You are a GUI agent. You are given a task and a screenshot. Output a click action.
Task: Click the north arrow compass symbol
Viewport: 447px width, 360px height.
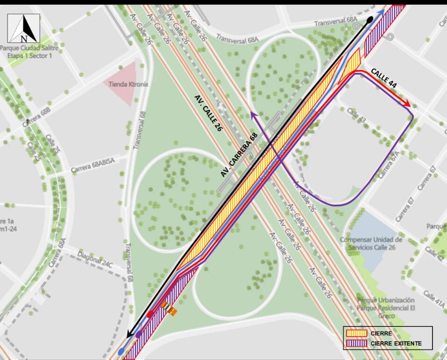[x=23, y=28]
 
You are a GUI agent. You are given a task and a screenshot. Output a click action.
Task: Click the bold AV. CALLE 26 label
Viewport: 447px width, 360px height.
[x=207, y=113]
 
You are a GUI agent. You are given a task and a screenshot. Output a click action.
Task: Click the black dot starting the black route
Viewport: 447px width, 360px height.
[x=370, y=20]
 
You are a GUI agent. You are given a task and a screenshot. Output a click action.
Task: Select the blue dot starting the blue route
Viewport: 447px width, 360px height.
[x=122, y=351]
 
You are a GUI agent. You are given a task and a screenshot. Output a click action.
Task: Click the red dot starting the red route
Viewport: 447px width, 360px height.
[x=150, y=315]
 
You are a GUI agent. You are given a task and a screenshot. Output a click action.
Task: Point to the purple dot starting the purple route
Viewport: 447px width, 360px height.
[x=139, y=334]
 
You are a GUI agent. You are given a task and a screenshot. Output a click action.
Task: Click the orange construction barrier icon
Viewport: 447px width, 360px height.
[x=170, y=309]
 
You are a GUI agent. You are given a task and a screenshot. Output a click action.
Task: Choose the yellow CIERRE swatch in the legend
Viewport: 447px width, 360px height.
[x=356, y=333]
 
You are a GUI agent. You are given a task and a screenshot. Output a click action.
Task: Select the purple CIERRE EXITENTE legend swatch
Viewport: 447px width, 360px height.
[x=356, y=344]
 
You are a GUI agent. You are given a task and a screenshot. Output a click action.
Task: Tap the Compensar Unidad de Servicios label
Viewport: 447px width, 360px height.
[x=371, y=243]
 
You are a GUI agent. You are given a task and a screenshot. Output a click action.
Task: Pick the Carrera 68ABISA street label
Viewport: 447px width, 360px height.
[x=92, y=165]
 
